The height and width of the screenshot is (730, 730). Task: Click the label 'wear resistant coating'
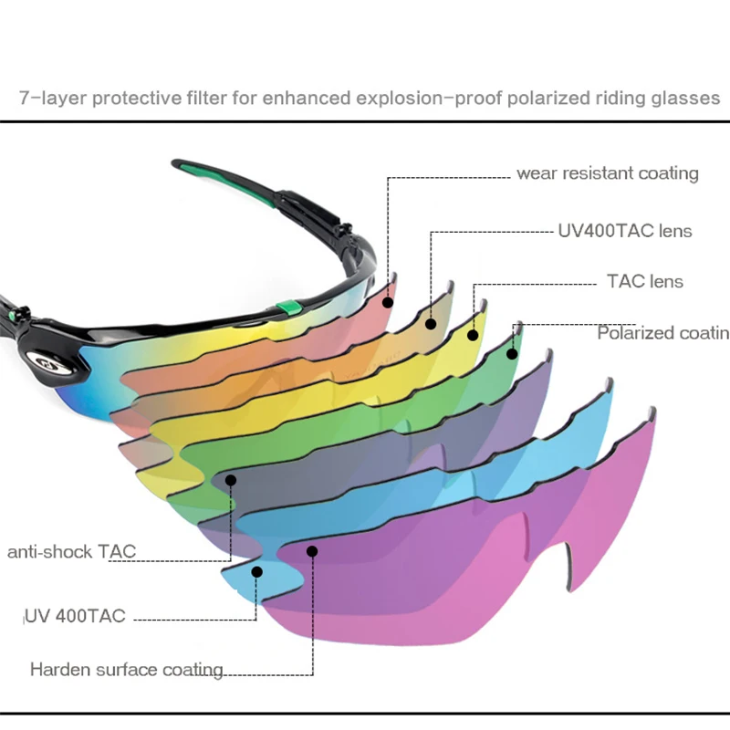click(x=607, y=172)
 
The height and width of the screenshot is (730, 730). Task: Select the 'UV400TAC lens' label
click(x=625, y=231)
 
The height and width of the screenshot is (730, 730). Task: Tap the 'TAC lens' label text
click(x=645, y=282)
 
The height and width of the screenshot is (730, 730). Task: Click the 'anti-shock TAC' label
click(x=71, y=552)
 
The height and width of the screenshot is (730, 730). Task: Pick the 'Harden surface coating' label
click(x=127, y=670)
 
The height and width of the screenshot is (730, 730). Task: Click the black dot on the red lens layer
click(x=388, y=301)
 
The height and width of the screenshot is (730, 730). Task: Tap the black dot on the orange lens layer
click(x=431, y=321)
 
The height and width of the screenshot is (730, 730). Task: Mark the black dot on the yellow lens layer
click(x=473, y=334)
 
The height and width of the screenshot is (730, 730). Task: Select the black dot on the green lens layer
click(x=513, y=353)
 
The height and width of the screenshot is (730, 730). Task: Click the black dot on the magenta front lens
click(x=312, y=550)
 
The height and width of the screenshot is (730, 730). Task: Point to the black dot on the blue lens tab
click(x=257, y=570)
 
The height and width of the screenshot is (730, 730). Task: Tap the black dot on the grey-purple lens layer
click(x=232, y=479)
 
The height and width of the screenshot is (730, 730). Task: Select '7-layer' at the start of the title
click(x=45, y=97)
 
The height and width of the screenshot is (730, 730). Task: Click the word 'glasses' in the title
click(x=686, y=97)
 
